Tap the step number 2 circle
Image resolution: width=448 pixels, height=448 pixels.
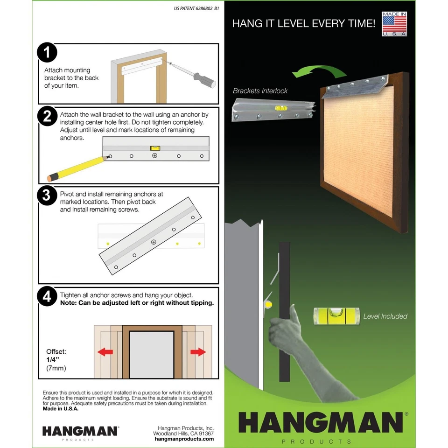47,117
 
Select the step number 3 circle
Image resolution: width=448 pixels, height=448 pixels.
47,196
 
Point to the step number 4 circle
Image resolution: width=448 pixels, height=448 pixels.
47,296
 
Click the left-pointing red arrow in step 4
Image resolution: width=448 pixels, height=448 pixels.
105,352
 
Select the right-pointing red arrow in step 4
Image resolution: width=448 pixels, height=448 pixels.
198,352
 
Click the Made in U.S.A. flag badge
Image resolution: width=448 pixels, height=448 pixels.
395,24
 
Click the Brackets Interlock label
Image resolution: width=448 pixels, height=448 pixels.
260,91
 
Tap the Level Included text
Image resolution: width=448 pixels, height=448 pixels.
385,316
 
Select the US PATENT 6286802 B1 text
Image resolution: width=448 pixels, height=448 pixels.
196,8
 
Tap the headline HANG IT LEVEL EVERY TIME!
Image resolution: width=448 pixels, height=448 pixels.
303,23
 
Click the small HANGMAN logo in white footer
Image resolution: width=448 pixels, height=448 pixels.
80,431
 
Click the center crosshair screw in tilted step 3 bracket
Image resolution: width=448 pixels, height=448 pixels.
154,242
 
